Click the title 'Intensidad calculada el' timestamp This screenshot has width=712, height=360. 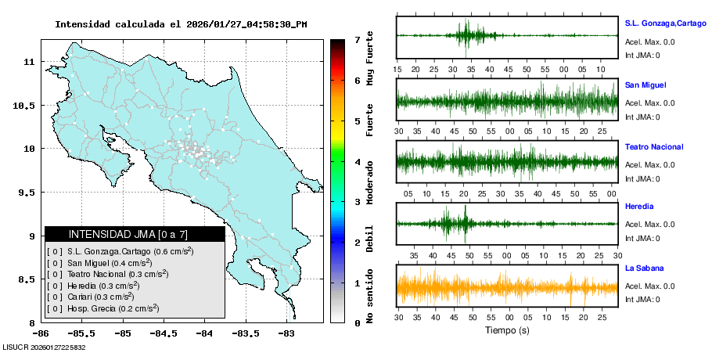[x=181, y=24]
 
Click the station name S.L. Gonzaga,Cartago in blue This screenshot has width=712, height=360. [x=665, y=23]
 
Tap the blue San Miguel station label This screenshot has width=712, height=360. [x=645, y=85]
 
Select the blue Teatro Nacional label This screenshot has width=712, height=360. [x=654, y=147]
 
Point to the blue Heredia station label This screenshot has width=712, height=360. [x=639, y=207]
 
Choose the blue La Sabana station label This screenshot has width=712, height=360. [x=644, y=268]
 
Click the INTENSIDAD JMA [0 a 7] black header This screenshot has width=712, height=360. [x=135, y=234]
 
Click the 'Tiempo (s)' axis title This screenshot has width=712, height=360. [x=507, y=330]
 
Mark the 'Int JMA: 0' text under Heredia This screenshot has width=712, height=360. [x=642, y=238]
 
